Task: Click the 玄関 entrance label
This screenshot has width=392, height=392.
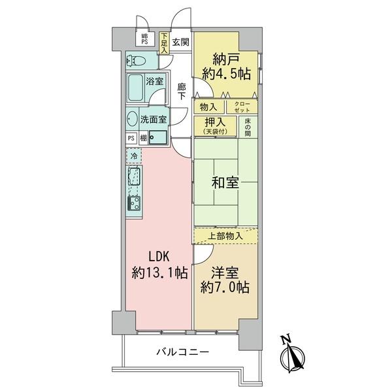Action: pyautogui.click(x=182, y=44)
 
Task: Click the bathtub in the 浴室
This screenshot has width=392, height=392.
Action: pyautogui.click(x=137, y=86)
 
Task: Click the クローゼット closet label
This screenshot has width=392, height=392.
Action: pyautogui.click(x=242, y=105)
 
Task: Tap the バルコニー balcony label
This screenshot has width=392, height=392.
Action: pyautogui.click(x=182, y=352)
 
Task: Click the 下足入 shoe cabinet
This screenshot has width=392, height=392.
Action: pyautogui.click(x=164, y=43)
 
